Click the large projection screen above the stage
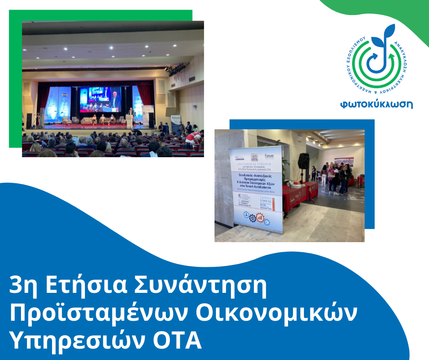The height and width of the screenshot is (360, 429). [100, 99]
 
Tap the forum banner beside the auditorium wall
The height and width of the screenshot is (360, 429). [176, 121]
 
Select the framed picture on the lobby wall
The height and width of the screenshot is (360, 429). [343, 161]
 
